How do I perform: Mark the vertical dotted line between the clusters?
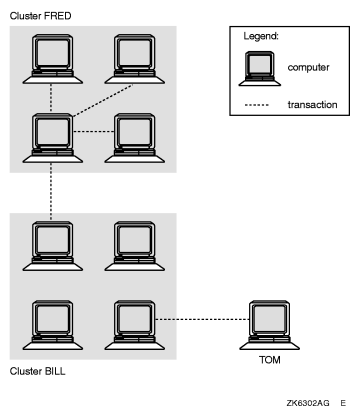[x=50, y=185]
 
